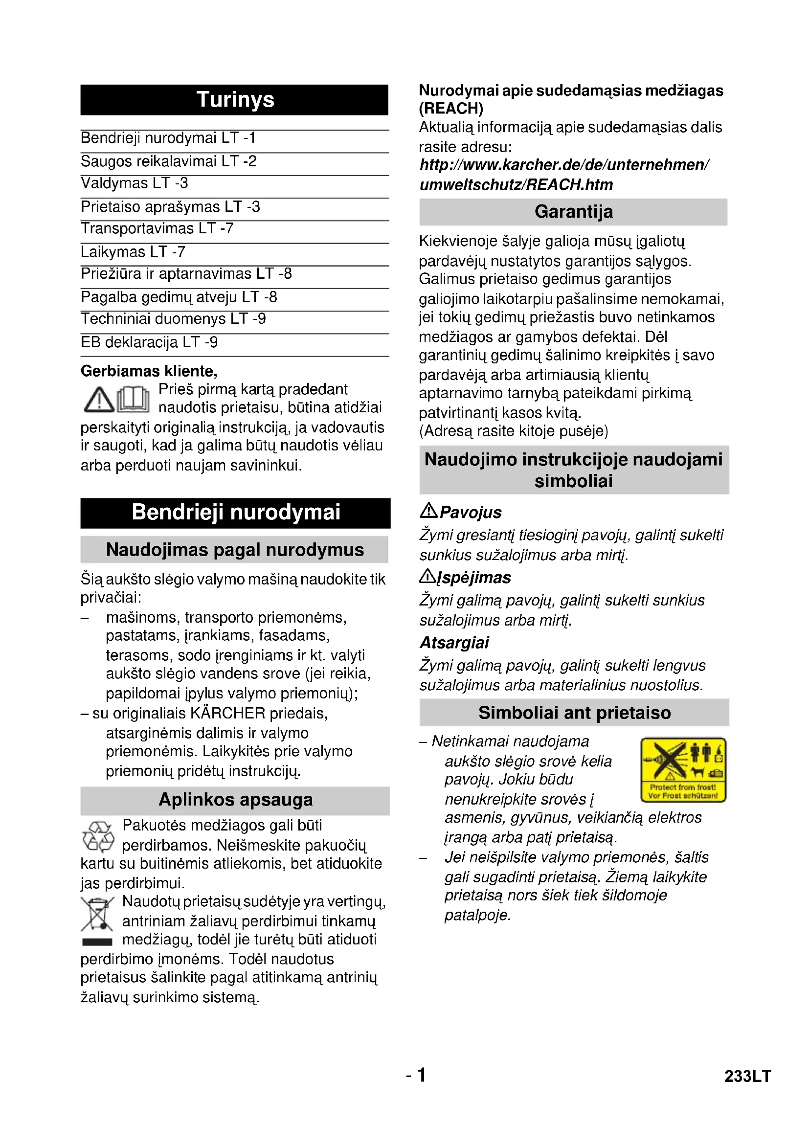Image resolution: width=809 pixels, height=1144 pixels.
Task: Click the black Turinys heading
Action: (x=234, y=100)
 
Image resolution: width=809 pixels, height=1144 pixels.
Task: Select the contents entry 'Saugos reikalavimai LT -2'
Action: (x=168, y=161)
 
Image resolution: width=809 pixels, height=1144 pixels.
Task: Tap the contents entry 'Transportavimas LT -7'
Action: (x=157, y=228)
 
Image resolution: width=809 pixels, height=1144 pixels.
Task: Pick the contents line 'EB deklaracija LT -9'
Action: (x=149, y=342)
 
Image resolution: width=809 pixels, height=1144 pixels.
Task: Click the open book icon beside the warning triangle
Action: (x=133, y=399)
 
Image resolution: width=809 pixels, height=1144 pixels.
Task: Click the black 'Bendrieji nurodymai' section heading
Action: (x=235, y=513)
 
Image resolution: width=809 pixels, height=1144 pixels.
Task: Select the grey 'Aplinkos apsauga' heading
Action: (x=235, y=800)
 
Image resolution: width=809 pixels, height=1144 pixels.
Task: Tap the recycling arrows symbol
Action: (x=98, y=836)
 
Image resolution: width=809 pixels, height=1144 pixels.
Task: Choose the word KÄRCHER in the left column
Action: (x=227, y=714)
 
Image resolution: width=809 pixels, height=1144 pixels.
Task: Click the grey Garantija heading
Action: (x=573, y=212)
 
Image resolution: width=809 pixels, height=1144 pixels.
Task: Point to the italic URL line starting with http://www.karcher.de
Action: (x=564, y=165)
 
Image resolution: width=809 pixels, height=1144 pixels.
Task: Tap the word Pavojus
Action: (x=470, y=512)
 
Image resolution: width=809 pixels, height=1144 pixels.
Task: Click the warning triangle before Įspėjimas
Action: (x=427, y=577)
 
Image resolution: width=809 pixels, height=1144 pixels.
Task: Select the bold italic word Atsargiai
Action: (x=454, y=643)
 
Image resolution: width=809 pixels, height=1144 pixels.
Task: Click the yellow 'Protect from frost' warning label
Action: (x=683, y=769)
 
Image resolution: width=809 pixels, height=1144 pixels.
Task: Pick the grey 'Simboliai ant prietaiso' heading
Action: (x=574, y=713)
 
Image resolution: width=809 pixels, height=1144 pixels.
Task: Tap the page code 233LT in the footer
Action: (x=747, y=1076)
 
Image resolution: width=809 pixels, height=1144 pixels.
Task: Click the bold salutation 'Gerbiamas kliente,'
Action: (x=149, y=371)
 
